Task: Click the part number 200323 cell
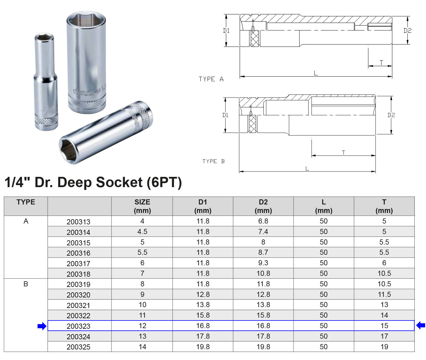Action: pyautogui.click(x=78, y=326)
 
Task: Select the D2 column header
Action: pyautogui.click(x=263, y=206)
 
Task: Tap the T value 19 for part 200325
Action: pyautogui.click(x=384, y=347)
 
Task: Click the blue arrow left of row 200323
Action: pyautogui.click(x=42, y=326)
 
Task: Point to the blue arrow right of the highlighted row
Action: pyautogui.click(x=421, y=325)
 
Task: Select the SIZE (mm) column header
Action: pyautogui.click(x=142, y=206)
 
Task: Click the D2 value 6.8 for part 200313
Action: pyautogui.click(x=263, y=221)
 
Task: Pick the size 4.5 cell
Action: pyautogui.click(x=142, y=232)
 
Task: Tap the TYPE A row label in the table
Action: pyautogui.click(x=26, y=221)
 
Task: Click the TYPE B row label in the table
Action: pyautogui.click(x=26, y=284)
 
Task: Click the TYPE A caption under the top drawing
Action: pyautogui.click(x=211, y=79)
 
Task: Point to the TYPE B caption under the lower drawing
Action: pyautogui.click(x=213, y=162)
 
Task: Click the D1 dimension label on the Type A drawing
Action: pyautogui.click(x=226, y=31)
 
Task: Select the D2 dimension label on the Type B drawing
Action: pyautogui.click(x=391, y=115)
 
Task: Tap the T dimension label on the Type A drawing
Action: pyautogui.click(x=381, y=63)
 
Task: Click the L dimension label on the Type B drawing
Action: pyautogui.click(x=307, y=169)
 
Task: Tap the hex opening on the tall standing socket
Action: pyautogui.click(x=86, y=22)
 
